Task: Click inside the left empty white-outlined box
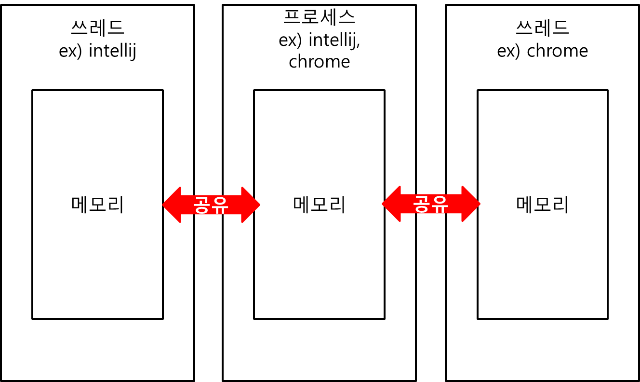pos(97,39)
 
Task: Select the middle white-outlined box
pos(319,39)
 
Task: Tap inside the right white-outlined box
pos(542,39)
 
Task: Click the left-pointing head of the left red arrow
pos(172,205)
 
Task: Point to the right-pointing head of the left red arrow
pos(251,205)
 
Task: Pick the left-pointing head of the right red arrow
pos(391,204)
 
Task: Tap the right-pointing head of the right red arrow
pos(471,204)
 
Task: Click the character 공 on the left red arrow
pos(201,205)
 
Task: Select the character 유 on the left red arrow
pos(219,205)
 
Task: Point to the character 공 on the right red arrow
pos(422,204)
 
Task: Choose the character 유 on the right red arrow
pos(439,204)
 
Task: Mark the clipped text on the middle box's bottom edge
pos(320,66)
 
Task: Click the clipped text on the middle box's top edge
pos(316,11)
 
